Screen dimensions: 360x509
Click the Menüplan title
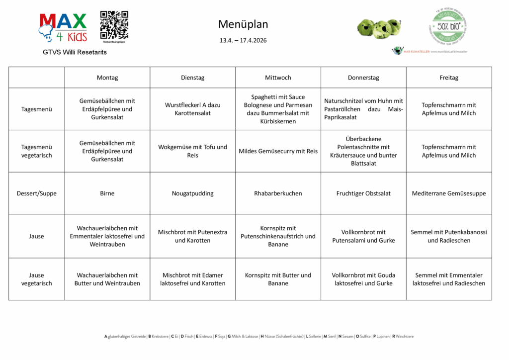pos(243,24)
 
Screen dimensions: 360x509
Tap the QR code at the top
pos(114,25)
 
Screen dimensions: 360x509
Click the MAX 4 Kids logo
pos(63,28)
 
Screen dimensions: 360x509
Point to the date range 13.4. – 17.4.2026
pos(243,40)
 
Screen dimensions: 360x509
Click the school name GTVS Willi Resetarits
pos(75,52)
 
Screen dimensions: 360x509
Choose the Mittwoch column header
pos(278,78)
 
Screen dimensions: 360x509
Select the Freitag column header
pos(449,78)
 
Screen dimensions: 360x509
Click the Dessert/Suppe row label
pos(36,193)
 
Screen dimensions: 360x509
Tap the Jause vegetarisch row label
pos(36,279)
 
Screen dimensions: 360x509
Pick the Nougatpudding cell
pos(192,193)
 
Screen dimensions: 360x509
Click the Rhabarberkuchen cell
pos(278,193)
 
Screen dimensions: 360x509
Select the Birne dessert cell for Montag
pos(107,193)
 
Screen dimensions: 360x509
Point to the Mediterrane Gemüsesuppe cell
pos(449,193)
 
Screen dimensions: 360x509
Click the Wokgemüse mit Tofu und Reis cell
pos(192,151)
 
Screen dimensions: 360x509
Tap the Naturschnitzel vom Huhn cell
pos(363,109)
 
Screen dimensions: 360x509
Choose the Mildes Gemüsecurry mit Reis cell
pos(278,151)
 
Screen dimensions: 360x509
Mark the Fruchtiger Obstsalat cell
pos(363,193)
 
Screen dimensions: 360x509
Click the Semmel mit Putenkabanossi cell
pos(449,236)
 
